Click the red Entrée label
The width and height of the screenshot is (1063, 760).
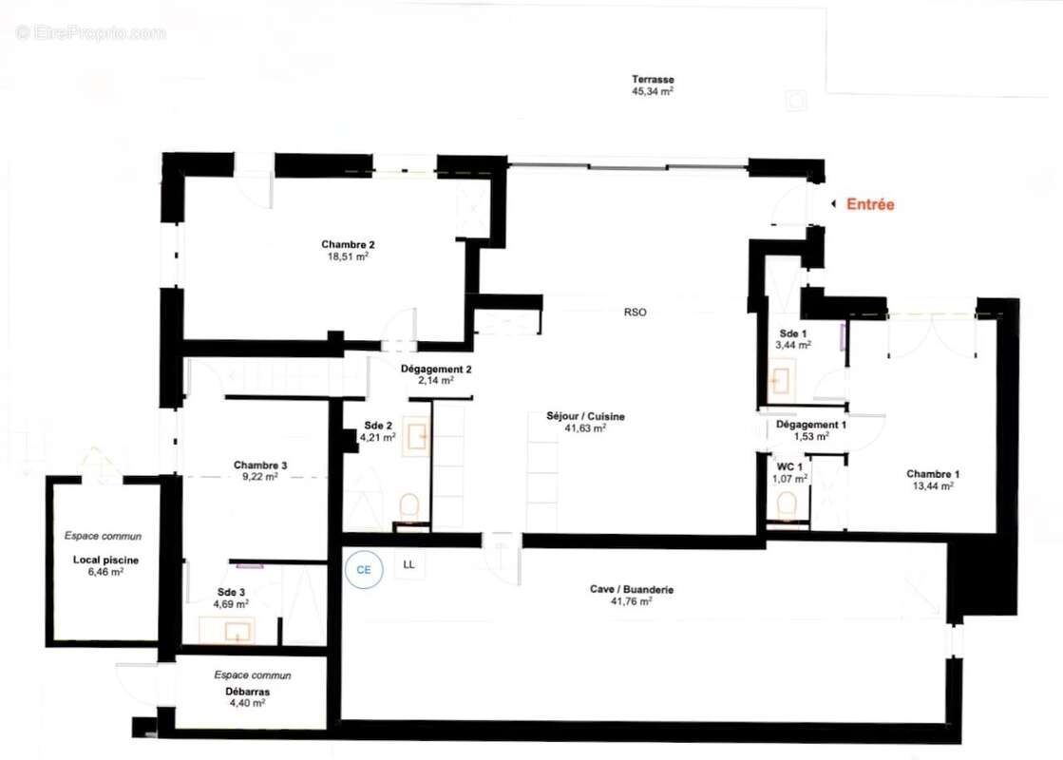pos(870,204)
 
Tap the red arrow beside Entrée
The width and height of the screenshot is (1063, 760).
pos(834,204)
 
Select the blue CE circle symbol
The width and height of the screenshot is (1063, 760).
pos(363,569)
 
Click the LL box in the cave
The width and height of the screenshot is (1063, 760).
pos(409,564)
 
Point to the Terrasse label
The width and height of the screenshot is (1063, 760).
pos(654,79)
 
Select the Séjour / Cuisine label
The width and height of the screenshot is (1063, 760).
pos(585,416)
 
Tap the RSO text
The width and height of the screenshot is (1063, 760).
pos(635,312)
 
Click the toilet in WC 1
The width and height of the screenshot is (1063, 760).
pos(788,507)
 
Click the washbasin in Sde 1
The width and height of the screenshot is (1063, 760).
pos(781,382)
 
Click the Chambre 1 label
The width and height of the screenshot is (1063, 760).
pos(932,474)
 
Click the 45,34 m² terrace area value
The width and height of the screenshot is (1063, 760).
pos(653,92)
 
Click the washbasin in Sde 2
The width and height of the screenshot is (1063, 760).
pos(417,437)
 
